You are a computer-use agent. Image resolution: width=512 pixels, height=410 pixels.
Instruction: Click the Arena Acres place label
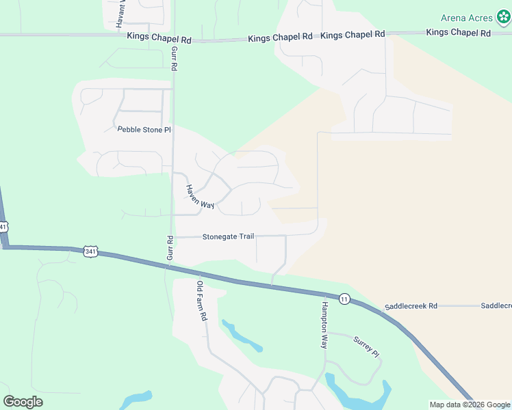click(x=467, y=17)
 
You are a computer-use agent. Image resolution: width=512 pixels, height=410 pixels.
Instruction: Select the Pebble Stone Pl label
click(x=144, y=129)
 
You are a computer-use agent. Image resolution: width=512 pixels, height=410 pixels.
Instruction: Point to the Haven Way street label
click(x=200, y=196)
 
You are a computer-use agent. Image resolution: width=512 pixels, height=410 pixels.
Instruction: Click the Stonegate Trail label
click(x=228, y=236)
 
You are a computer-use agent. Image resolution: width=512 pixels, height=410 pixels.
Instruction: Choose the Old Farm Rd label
click(x=201, y=301)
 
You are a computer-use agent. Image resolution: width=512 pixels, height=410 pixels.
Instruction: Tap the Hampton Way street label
click(x=325, y=327)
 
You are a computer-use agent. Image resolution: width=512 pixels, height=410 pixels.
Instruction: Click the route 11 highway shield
click(x=344, y=299)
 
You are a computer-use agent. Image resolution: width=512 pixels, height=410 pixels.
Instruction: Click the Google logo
click(x=23, y=402)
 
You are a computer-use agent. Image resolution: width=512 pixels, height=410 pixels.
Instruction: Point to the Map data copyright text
click(x=470, y=405)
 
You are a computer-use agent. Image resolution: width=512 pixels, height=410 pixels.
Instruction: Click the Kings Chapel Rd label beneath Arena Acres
click(x=459, y=33)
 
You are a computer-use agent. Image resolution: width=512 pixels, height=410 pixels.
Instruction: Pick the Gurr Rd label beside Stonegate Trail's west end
click(x=170, y=248)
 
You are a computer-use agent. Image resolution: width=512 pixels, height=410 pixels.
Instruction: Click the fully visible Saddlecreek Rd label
click(x=411, y=306)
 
